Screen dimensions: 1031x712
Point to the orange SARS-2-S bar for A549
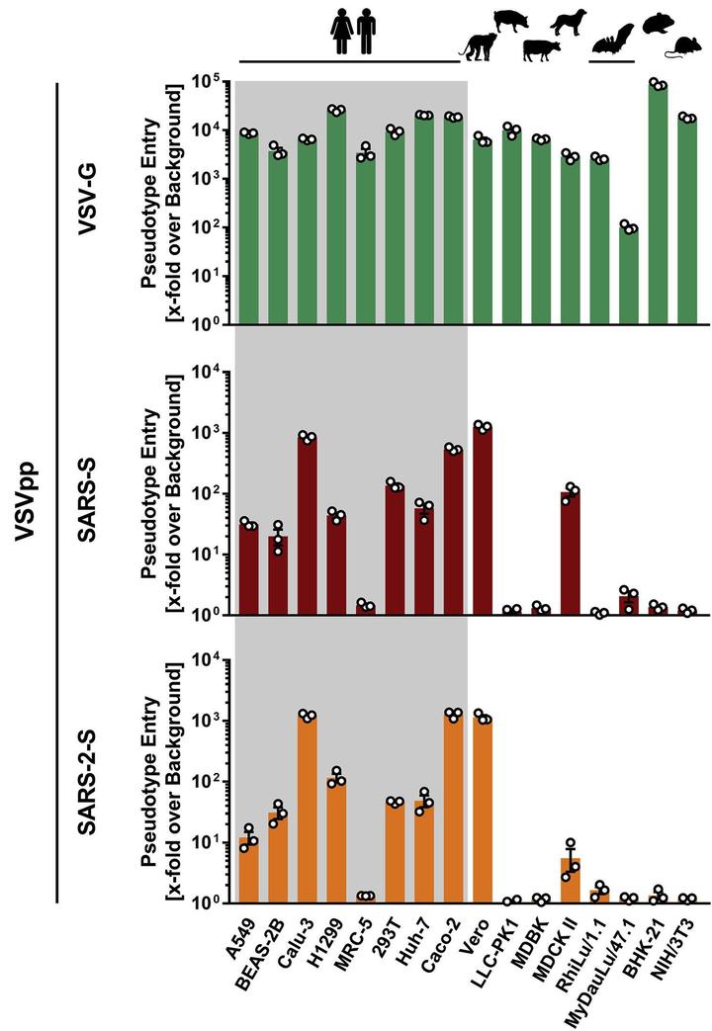point(248,871)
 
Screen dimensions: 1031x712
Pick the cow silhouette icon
point(541,49)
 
